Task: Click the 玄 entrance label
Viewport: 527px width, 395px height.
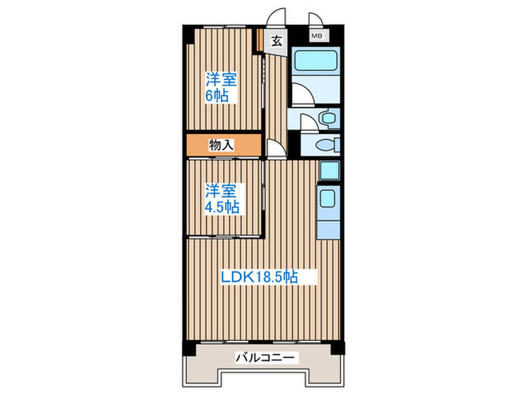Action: pyautogui.click(x=276, y=42)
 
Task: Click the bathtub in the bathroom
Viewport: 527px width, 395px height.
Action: pyautogui.click(x=316, y=65)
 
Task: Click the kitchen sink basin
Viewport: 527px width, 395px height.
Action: pyautogui.click(x=328, y=199)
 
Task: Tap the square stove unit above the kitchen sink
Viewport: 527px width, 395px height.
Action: pyautogui.click(x=328, y=171)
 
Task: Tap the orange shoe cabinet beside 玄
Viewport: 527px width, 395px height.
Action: pyautogui.click(x=258, y=40)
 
